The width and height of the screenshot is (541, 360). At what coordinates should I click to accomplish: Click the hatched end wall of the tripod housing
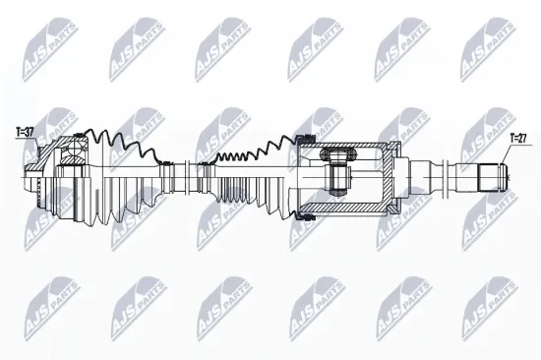[389, 178]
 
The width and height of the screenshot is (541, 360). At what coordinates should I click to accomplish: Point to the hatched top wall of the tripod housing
[354, 145]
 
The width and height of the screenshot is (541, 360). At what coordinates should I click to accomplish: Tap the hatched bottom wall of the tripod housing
[354, 210]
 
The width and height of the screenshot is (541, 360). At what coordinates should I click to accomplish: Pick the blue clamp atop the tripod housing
[306, 139]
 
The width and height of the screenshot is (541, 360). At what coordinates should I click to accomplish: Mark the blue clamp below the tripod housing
[306, 214]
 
